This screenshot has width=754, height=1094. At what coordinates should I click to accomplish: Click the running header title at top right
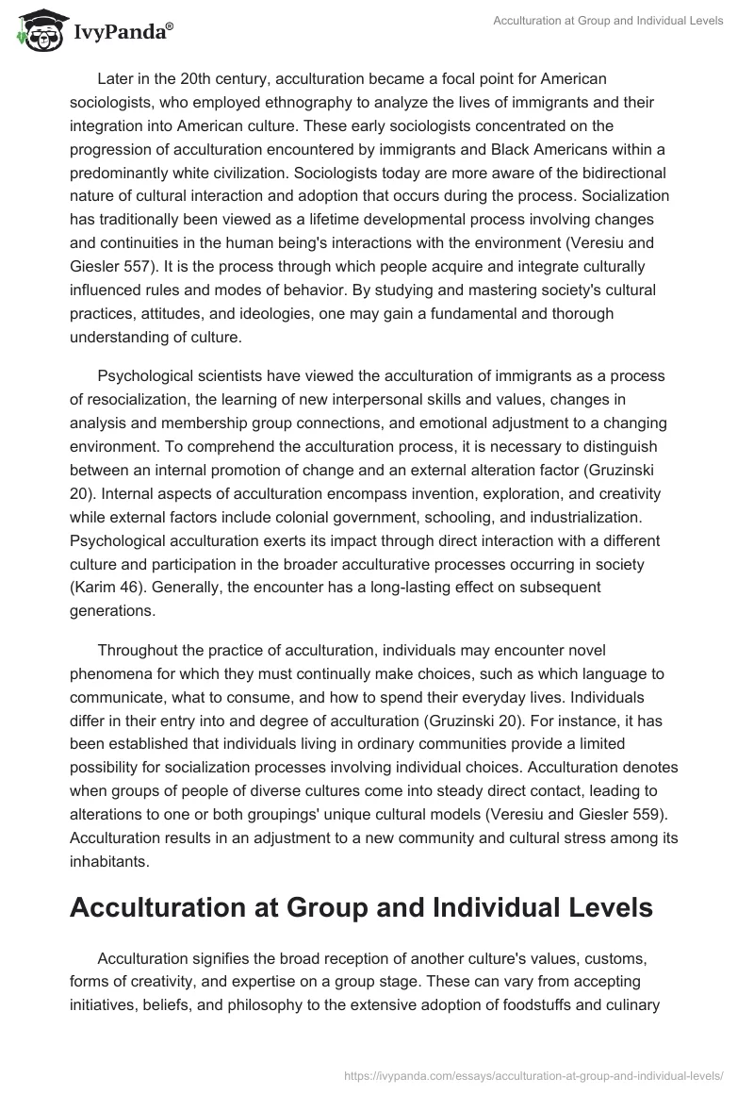click(609, 21)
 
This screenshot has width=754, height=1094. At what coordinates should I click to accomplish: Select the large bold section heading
click(362, 908)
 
